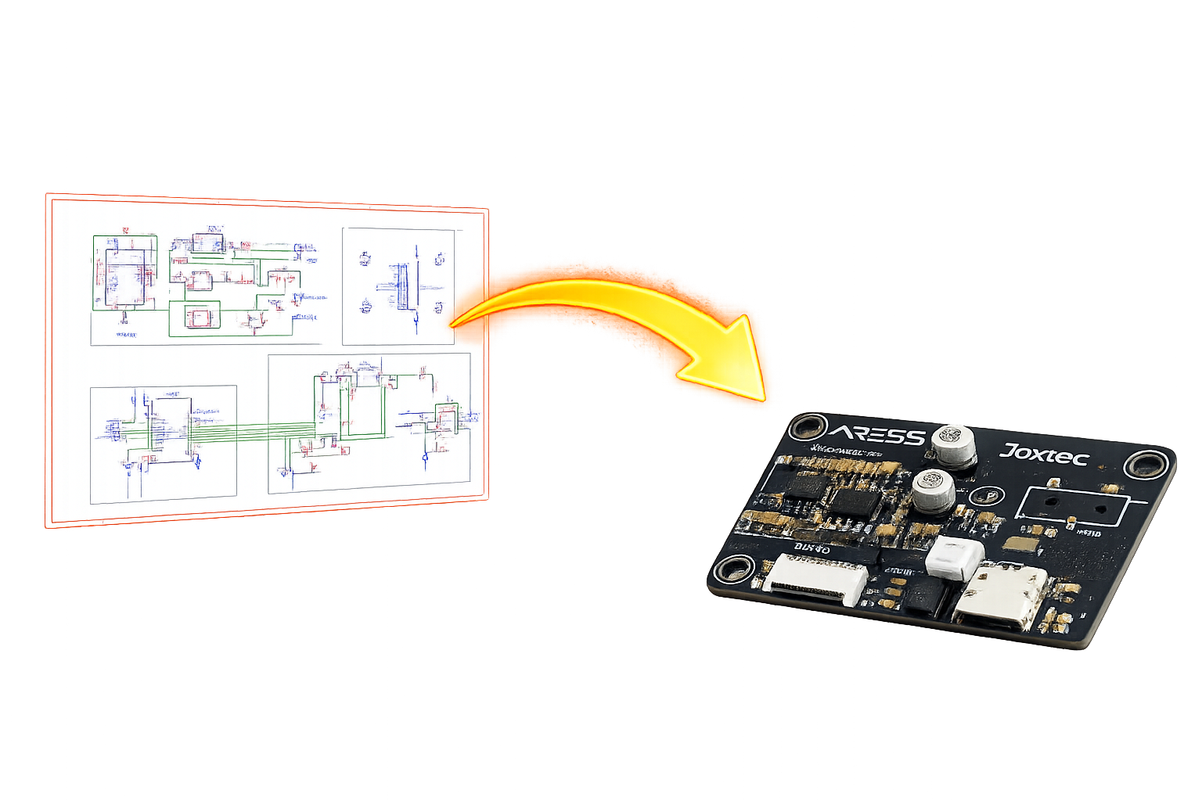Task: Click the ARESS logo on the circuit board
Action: click(x=876, y=433)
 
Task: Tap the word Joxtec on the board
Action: click(x=1044, y=453)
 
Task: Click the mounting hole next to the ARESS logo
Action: click(x=807, y=428)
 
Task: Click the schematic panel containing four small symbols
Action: click(x=398, y=286)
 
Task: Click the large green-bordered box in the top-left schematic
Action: click(x=125, y=273)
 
